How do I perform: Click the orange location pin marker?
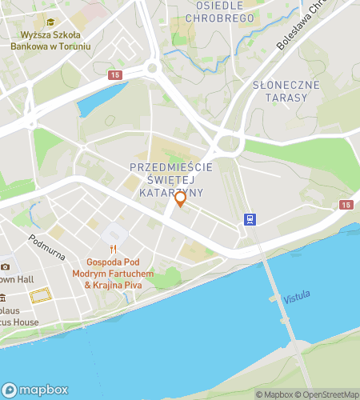pyautogui.click(x=180, y=199)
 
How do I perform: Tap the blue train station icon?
pyautogui.click(x=250, y=220)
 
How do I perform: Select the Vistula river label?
pyautogui.click(x=297, y=298)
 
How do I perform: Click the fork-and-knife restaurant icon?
pyautogui.click(x=114, y=249)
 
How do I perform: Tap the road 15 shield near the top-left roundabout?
pyautogui.click(x=116, y=74)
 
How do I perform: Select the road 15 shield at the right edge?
pyautogui.click(x=345, y=206)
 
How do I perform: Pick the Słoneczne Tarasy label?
pyautogui.click(x=286, y=90)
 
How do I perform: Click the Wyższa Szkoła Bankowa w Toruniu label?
pyautogui.click(x=50, y=41)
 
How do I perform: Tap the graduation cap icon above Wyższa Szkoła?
pyautogui.click(x=51, y=22)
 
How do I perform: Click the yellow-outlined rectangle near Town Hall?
pyautogui.click(x=39, y=297)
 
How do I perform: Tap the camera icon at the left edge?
pyautogui.click(x=5, y=266)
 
